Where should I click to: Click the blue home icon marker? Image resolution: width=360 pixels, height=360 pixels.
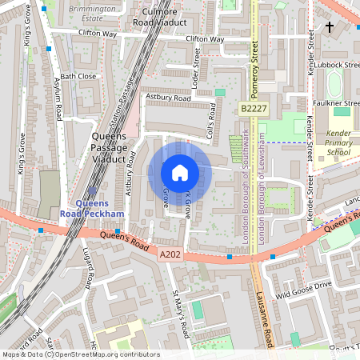coord(180,172)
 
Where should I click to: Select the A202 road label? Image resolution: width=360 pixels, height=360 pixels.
coord(169,254)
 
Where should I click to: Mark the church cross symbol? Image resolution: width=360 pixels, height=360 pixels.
coord(329,27)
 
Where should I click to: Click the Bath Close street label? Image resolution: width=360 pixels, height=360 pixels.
coord(78,76)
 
